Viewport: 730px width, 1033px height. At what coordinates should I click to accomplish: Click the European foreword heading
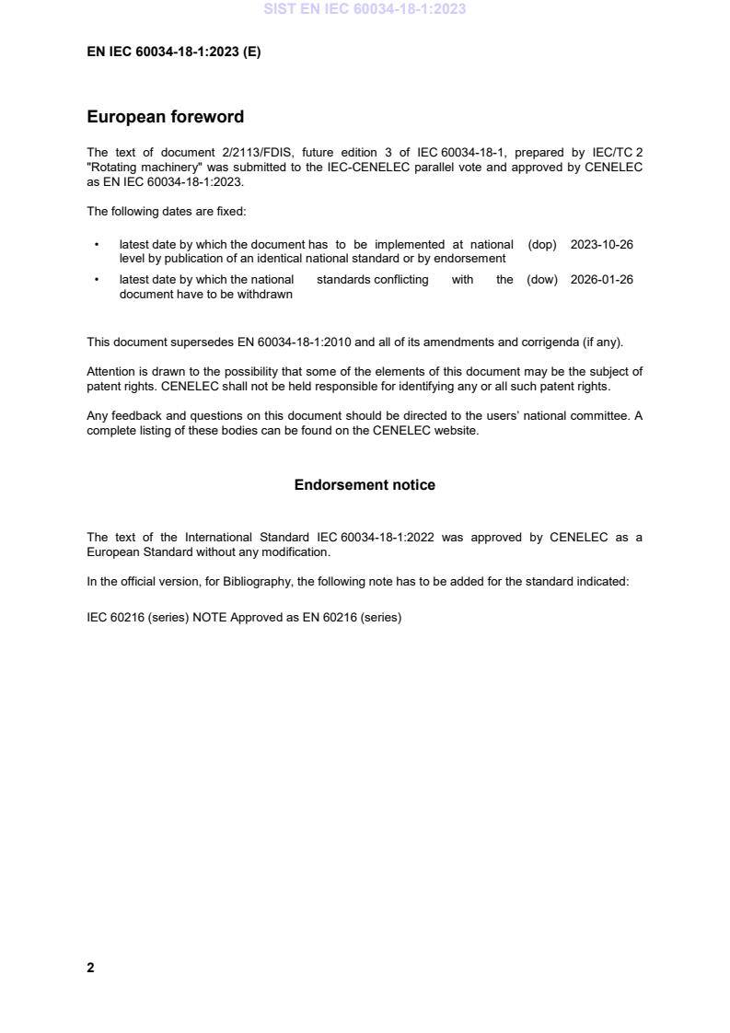coord(165,117)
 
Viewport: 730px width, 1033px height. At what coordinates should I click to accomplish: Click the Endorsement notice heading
coord(365,485)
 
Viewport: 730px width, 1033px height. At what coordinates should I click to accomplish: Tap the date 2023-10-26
coord(602,245)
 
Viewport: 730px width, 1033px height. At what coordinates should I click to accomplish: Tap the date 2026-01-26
coord(602,280)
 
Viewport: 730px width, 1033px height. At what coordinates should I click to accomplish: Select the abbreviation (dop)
coord(542,245)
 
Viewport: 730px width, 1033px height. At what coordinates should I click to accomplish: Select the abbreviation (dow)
coord(542,280)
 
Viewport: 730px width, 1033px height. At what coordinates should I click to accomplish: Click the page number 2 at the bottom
coord(90,968)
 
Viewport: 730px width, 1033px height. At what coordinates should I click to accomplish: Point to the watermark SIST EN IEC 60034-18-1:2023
coord(365,9)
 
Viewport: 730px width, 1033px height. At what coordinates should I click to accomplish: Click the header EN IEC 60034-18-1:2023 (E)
coord(173,52)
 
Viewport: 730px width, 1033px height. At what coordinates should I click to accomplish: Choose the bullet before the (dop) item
coord(97,245)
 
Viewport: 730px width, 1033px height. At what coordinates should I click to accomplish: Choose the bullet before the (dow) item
coord(97,280)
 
